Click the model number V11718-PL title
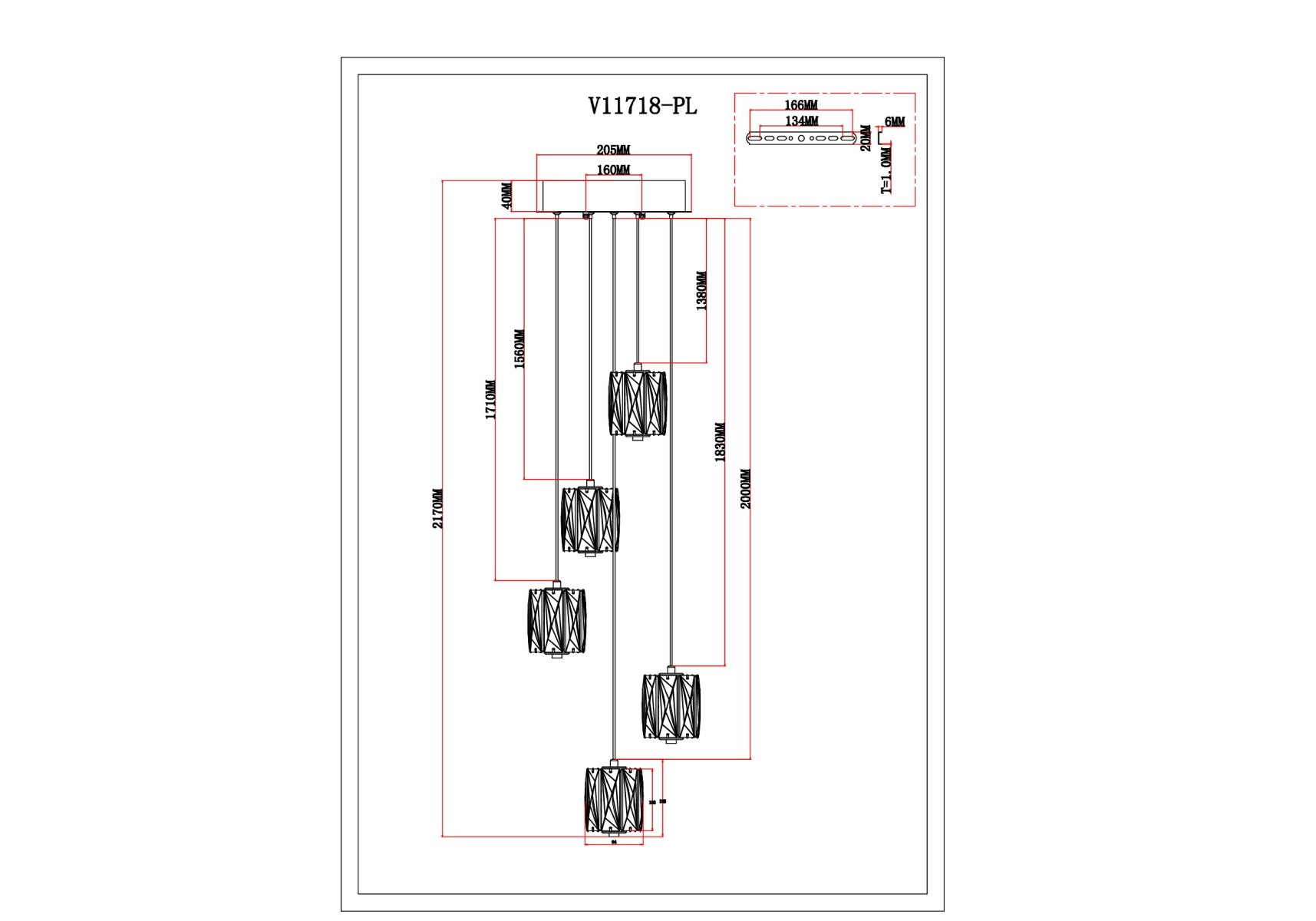[x=642, y=106]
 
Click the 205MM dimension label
[x=613, y=150]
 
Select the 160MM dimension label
[x=613, y=170]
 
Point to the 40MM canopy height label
[x=507, y=196]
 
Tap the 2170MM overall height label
[x=438, y=508]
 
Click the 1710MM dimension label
[x=490, y=399]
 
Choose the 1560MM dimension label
[x=519, y=349]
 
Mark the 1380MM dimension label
[x=701, y=291]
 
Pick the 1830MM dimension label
[x=720, y=442]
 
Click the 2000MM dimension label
[x=746, y=489]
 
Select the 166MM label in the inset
[x=800, y=105]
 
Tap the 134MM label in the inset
[x=801, y=121]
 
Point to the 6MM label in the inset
[x=895, y=122]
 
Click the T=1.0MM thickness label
[x=886, y=170]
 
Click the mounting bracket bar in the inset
[x=801, y=138]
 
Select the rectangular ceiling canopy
[x=614, y=196]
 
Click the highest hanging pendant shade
[x=637, y=404]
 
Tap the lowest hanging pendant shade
[x=613, y=801]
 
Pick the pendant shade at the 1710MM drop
[x=556, y=621]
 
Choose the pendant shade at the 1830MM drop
[x=671, y=706]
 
